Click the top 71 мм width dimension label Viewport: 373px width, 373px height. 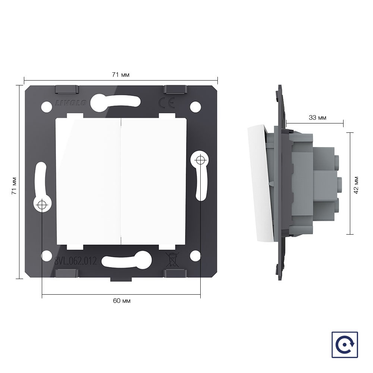[120, 75]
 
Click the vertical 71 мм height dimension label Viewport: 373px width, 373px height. [14, 186]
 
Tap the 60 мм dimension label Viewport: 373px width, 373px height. [122, 301]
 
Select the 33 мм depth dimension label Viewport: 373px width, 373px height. [317, 117]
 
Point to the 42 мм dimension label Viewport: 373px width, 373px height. [356, 185]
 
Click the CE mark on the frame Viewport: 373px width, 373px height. [166, 103]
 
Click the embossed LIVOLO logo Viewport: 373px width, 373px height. [71, 103]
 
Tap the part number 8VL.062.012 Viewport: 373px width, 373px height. [75, 261]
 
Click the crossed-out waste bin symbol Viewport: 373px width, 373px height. [172, 260]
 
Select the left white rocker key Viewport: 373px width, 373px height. [88, 181]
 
